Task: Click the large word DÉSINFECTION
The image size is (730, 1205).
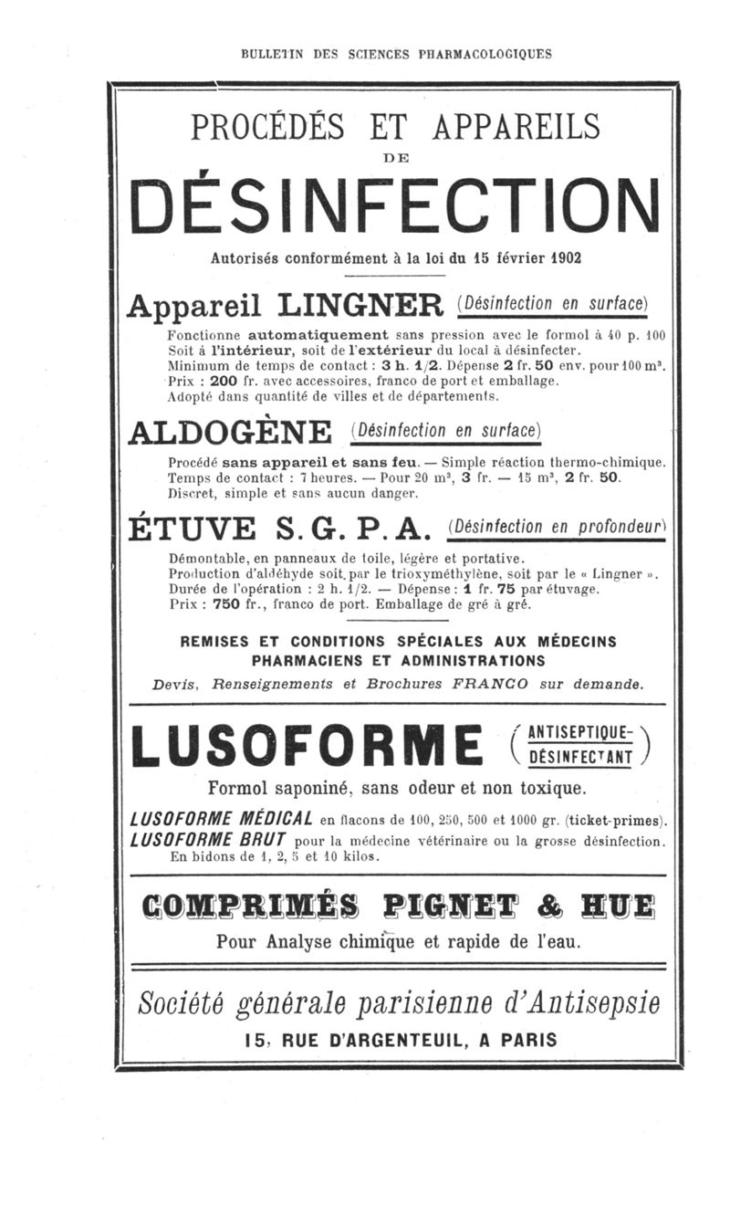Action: coord(394,206)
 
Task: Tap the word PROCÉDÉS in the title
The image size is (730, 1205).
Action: coord(268,127)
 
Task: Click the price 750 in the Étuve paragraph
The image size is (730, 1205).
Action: coord(226,603)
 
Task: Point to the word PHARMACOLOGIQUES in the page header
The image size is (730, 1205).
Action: coord(485,54)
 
